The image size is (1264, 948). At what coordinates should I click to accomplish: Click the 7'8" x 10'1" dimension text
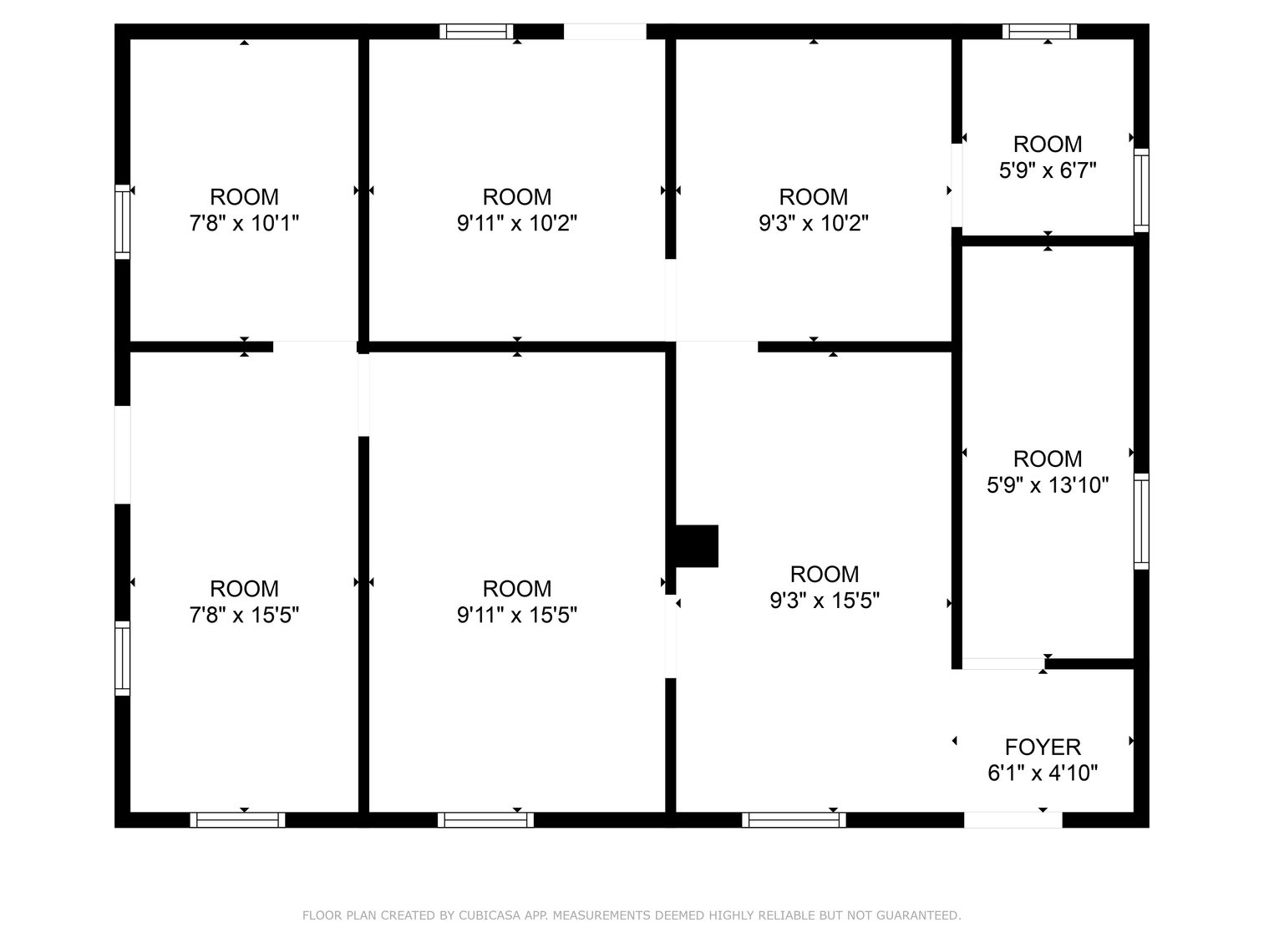point(244,224)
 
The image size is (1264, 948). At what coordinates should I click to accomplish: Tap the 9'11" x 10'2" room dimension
point(517,224)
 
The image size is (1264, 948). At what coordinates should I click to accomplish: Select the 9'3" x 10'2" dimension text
point(814,224)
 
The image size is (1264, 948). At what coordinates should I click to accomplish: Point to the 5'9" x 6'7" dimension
point(1048,170)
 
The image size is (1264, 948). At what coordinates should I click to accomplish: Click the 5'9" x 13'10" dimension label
point(1048,485)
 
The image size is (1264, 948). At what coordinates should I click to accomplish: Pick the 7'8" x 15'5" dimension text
point(244,616)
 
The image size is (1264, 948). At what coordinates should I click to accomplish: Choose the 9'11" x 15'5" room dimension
point(517,616)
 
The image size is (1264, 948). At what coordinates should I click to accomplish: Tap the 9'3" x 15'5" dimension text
point(825,601)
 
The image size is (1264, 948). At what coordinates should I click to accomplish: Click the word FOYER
point(1043,747)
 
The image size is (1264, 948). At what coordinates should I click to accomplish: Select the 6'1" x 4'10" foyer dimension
point(1043,773)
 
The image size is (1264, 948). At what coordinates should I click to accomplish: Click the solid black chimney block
point(696,546)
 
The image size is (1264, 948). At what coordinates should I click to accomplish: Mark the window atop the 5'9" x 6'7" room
point(1039,32)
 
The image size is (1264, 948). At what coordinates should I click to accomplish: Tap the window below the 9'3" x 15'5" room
point(794,820)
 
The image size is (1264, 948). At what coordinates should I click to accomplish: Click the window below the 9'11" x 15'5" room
point(485,820)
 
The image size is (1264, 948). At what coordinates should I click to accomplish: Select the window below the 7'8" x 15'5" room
point(238,820)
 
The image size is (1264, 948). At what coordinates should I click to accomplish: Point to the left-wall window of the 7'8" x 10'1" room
point(123,221)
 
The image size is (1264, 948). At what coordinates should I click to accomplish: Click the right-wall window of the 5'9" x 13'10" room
point(1141,521)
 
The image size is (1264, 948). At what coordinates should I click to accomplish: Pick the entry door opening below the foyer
point(1013,820)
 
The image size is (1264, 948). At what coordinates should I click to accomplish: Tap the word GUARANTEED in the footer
point(917,916)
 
